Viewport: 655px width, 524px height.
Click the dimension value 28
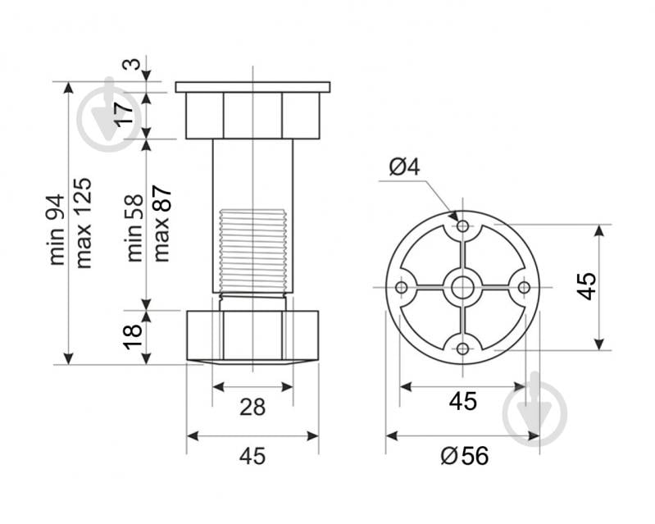click(x=252, y=407)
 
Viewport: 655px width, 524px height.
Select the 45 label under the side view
click(x=252, y=456)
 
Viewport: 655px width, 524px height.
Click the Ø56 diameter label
click(x=464, y=456)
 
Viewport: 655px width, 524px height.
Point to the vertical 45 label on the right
click(x=585, y=285)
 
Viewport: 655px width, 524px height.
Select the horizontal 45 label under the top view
click(x=463, y=402)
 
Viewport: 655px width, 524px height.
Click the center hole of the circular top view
click(x=462, y=287)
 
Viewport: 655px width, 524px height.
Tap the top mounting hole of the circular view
click(x=462, y=226)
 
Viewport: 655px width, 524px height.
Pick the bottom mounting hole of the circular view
click(x=462, y=349)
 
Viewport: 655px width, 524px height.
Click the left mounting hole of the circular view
click(x=402, y=287)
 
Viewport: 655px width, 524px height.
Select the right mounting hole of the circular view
click(x=524, y=287)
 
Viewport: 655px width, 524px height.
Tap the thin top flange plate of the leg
click(x=252, y=86)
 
